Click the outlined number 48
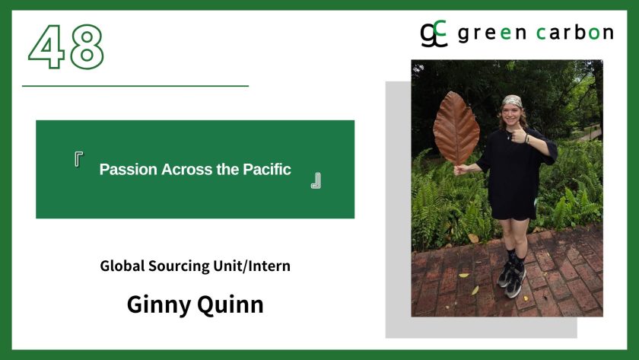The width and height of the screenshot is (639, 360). point(66,47)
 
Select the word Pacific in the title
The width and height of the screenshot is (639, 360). point(267,169)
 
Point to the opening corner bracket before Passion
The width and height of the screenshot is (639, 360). point(78,158)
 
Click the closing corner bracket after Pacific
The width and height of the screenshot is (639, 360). point(316,180)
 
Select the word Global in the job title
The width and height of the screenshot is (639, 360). point(122,266)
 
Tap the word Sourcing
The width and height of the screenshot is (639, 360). point(179,266)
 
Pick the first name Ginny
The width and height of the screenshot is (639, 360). point(158,305)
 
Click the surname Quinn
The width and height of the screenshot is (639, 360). point(230,305)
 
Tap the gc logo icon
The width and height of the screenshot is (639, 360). point(434,33)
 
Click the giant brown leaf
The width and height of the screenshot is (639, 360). point(456,128)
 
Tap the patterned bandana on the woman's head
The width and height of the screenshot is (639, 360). point(512,100)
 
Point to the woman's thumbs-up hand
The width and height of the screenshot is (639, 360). point(517,135)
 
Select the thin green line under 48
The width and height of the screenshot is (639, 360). point(135,86)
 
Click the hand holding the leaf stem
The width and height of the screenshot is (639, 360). point(460,169)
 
